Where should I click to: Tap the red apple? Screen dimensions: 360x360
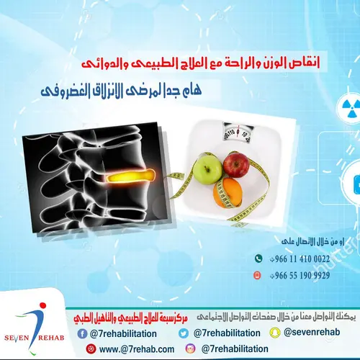click(235, 165)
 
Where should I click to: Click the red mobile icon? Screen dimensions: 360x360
click(258, 275)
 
